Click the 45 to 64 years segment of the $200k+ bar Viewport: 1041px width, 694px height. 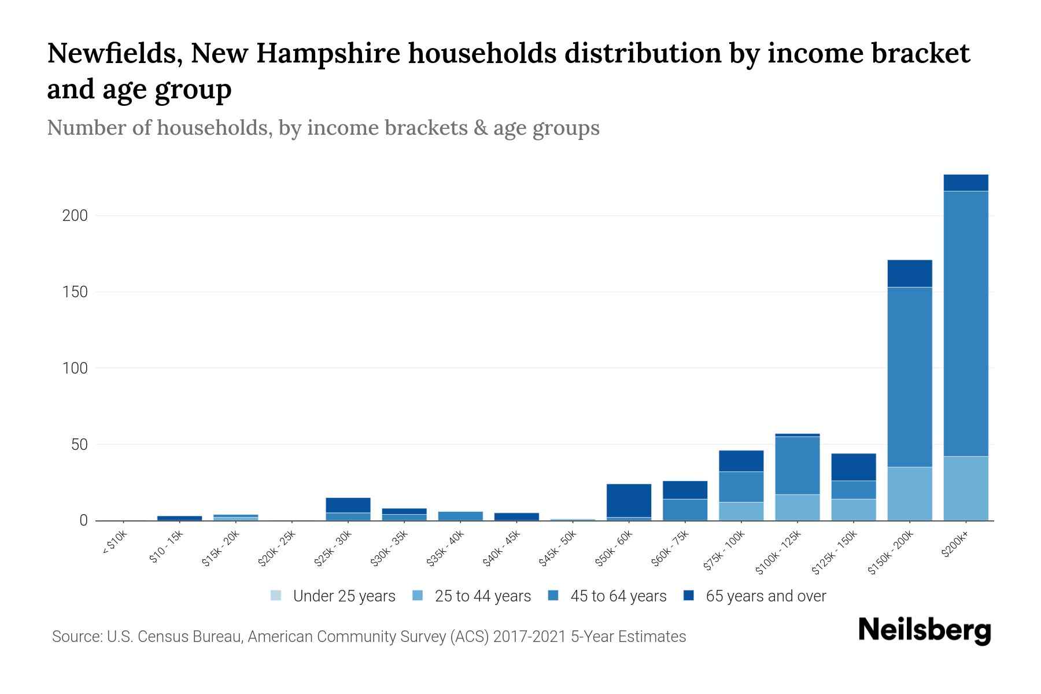point(965,324)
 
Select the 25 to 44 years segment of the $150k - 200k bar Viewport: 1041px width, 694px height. point(909,493)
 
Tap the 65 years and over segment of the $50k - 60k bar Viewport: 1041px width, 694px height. point(629,500)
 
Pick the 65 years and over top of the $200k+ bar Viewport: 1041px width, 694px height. point(965,183)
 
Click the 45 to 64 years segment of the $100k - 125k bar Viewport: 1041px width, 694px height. point(797,466)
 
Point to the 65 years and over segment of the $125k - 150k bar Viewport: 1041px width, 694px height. point(853,467)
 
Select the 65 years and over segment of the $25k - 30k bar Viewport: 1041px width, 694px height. point(348,505)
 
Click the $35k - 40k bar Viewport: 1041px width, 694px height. point(460,516)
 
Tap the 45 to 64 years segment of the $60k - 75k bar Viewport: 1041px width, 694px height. point(685,510)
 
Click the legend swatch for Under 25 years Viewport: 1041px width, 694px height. point(276,596)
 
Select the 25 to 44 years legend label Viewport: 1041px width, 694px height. point(482,596)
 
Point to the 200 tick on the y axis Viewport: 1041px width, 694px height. point(75,216)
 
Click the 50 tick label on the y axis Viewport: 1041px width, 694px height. point(79,445)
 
